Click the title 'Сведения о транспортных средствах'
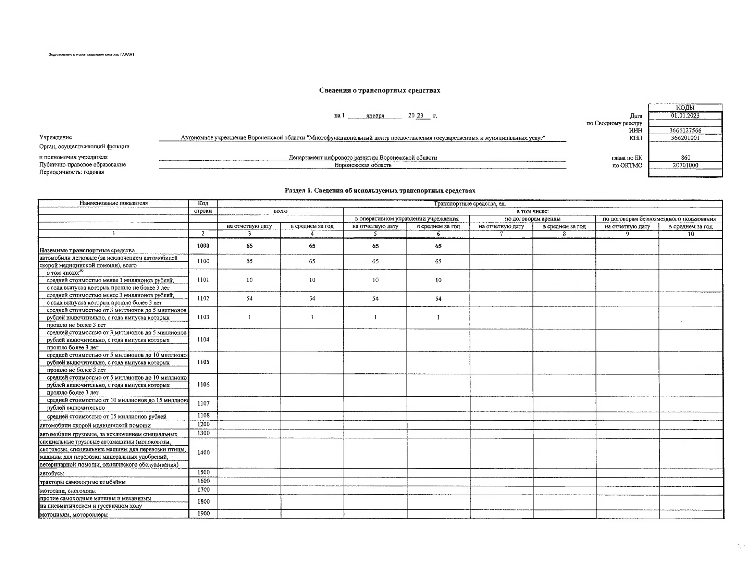tap(380, 90)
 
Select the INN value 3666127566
tap(685, 131)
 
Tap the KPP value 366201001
tap(685, 138)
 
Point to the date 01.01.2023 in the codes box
tap(685, 116)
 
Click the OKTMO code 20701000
tap(685, 165)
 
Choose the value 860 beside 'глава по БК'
tap(685, 158)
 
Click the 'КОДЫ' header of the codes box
tap(685, 108)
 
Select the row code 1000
tap(203, 246)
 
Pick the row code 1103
tap(203, 317)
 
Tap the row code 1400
tap(203, 452)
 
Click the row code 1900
tap(203, 513)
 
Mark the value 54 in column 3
tap(249, 298)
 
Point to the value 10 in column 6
tap(438, 280)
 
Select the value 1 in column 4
tap(312, 317)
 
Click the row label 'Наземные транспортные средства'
tap(87, 250)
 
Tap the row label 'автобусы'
tap(52, 473)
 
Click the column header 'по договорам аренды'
tap(532, 219)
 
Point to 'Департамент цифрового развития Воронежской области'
tap(362, 158)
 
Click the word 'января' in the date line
tap(375, 116)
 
